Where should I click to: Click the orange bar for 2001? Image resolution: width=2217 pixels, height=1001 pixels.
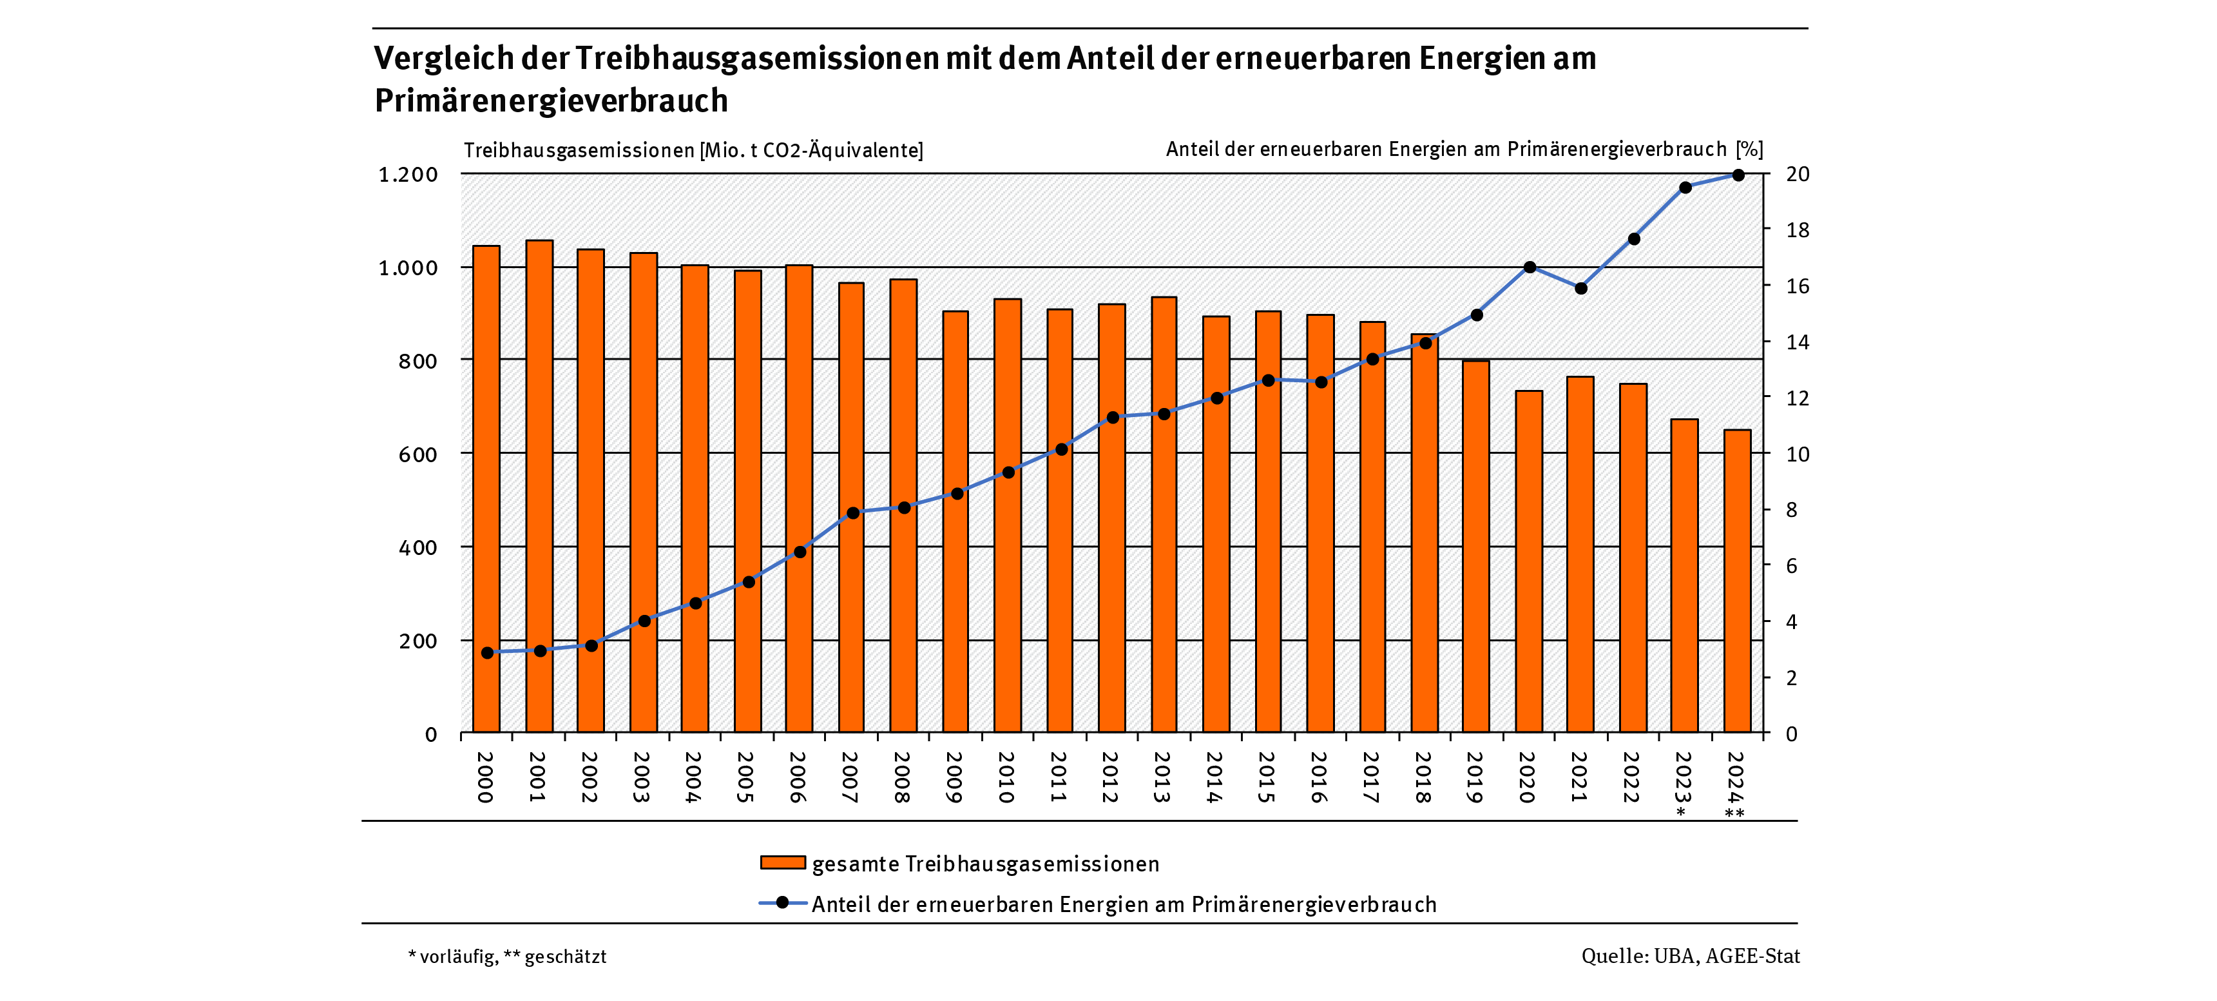(540, 486)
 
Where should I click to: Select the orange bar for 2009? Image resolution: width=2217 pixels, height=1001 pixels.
(955, 521)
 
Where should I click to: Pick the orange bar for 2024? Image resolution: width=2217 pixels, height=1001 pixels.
(1738, 581)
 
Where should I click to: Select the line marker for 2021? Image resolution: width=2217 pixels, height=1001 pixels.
(1581, 288)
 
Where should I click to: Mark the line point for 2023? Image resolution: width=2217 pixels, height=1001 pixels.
(1685, 188)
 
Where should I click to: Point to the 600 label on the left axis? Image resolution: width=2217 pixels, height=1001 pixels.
(417, 454)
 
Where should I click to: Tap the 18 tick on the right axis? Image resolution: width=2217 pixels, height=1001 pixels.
(1797, 230)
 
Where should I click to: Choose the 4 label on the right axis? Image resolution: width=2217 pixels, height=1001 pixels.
(1791, 621)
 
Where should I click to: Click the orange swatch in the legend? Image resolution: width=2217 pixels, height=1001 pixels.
(782, 862)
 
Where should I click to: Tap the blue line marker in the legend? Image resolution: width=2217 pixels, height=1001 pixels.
(782, 903)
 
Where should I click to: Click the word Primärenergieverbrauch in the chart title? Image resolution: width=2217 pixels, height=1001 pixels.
(551, 101)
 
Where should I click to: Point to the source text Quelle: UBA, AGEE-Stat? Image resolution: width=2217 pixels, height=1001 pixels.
(1689, 957)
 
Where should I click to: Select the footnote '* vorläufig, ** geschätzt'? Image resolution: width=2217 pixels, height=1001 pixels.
(507, 957)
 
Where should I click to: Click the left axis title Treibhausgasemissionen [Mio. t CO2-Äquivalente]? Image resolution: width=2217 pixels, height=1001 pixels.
(693, 151)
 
